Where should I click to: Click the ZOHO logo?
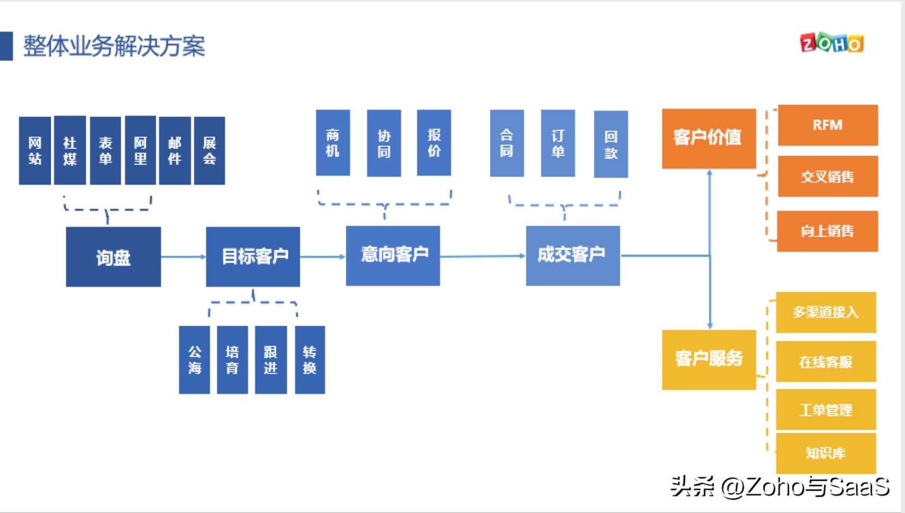(x=831, y=43)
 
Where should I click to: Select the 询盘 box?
(x=113, y=257)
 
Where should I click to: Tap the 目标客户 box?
(x=253, y=256)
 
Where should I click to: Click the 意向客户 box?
(x=393, y=255)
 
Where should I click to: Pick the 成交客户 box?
(x=572, y=255)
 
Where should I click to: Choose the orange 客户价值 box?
(x=708, y=138)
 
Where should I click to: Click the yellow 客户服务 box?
(x=708, y=359)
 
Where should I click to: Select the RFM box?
(x=827, y=125)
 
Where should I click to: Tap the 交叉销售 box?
(x=827, y=176)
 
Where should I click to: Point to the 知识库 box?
(x=825, y=453)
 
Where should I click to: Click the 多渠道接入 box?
(x=825, y=312)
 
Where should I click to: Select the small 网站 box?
(x=35, y=151)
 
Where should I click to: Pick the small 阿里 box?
(x=140, y=151)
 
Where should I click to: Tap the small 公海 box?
(x=194, y=359)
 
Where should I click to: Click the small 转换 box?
(x=310, y=359)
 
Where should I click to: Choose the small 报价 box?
(x=434, y=143)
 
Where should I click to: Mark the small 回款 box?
(x=611, y=144)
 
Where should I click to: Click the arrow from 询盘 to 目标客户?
(x=183, y=257)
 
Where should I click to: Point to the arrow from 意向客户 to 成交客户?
(x=482, y=256)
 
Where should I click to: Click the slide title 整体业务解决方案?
(x=114, y=46)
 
